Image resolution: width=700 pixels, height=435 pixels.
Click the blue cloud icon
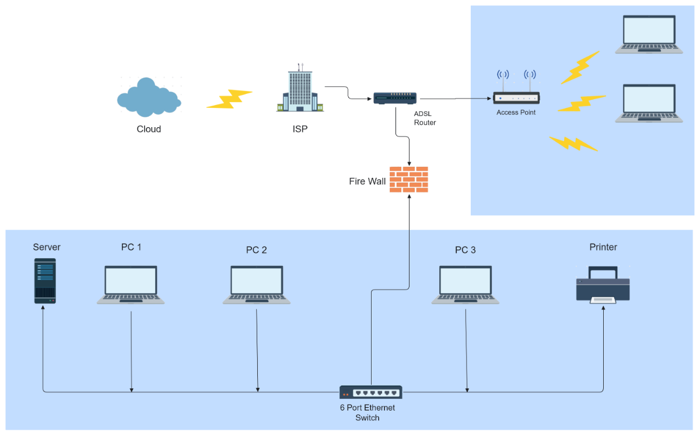149,98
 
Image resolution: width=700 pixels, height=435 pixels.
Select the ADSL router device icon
395,99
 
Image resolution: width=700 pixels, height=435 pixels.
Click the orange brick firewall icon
409,180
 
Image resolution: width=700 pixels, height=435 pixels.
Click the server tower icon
45,281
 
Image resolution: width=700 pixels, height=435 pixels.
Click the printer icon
603,284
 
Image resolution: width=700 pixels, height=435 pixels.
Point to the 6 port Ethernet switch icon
371,392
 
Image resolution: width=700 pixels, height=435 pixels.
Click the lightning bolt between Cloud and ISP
229,99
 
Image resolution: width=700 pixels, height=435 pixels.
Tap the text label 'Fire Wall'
367,181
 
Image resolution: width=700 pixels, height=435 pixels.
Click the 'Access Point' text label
516,113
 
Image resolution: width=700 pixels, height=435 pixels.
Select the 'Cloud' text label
149,129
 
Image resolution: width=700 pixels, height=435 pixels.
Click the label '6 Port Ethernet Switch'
367,413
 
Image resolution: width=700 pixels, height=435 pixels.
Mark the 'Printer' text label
603,247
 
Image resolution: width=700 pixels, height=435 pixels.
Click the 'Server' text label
47,247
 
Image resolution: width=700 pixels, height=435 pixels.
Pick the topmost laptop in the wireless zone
649,35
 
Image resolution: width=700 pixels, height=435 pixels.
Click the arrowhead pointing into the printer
603,308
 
